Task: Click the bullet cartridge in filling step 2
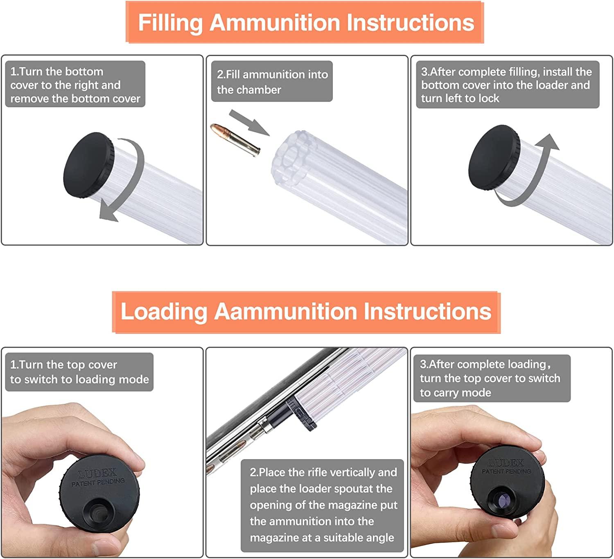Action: (x=235, y=139)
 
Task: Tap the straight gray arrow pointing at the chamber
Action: (x=249, y=122)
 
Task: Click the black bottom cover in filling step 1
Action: (x=88, y=165)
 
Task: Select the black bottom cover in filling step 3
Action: (x=493, y=158)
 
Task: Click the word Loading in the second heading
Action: (x=164, y=311)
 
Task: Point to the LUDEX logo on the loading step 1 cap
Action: (x=97, y=473)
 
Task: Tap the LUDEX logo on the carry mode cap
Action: (x=506, y=463)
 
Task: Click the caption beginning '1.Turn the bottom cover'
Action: (x=75, y=85)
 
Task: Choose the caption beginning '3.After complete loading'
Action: (x=490, y=378)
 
